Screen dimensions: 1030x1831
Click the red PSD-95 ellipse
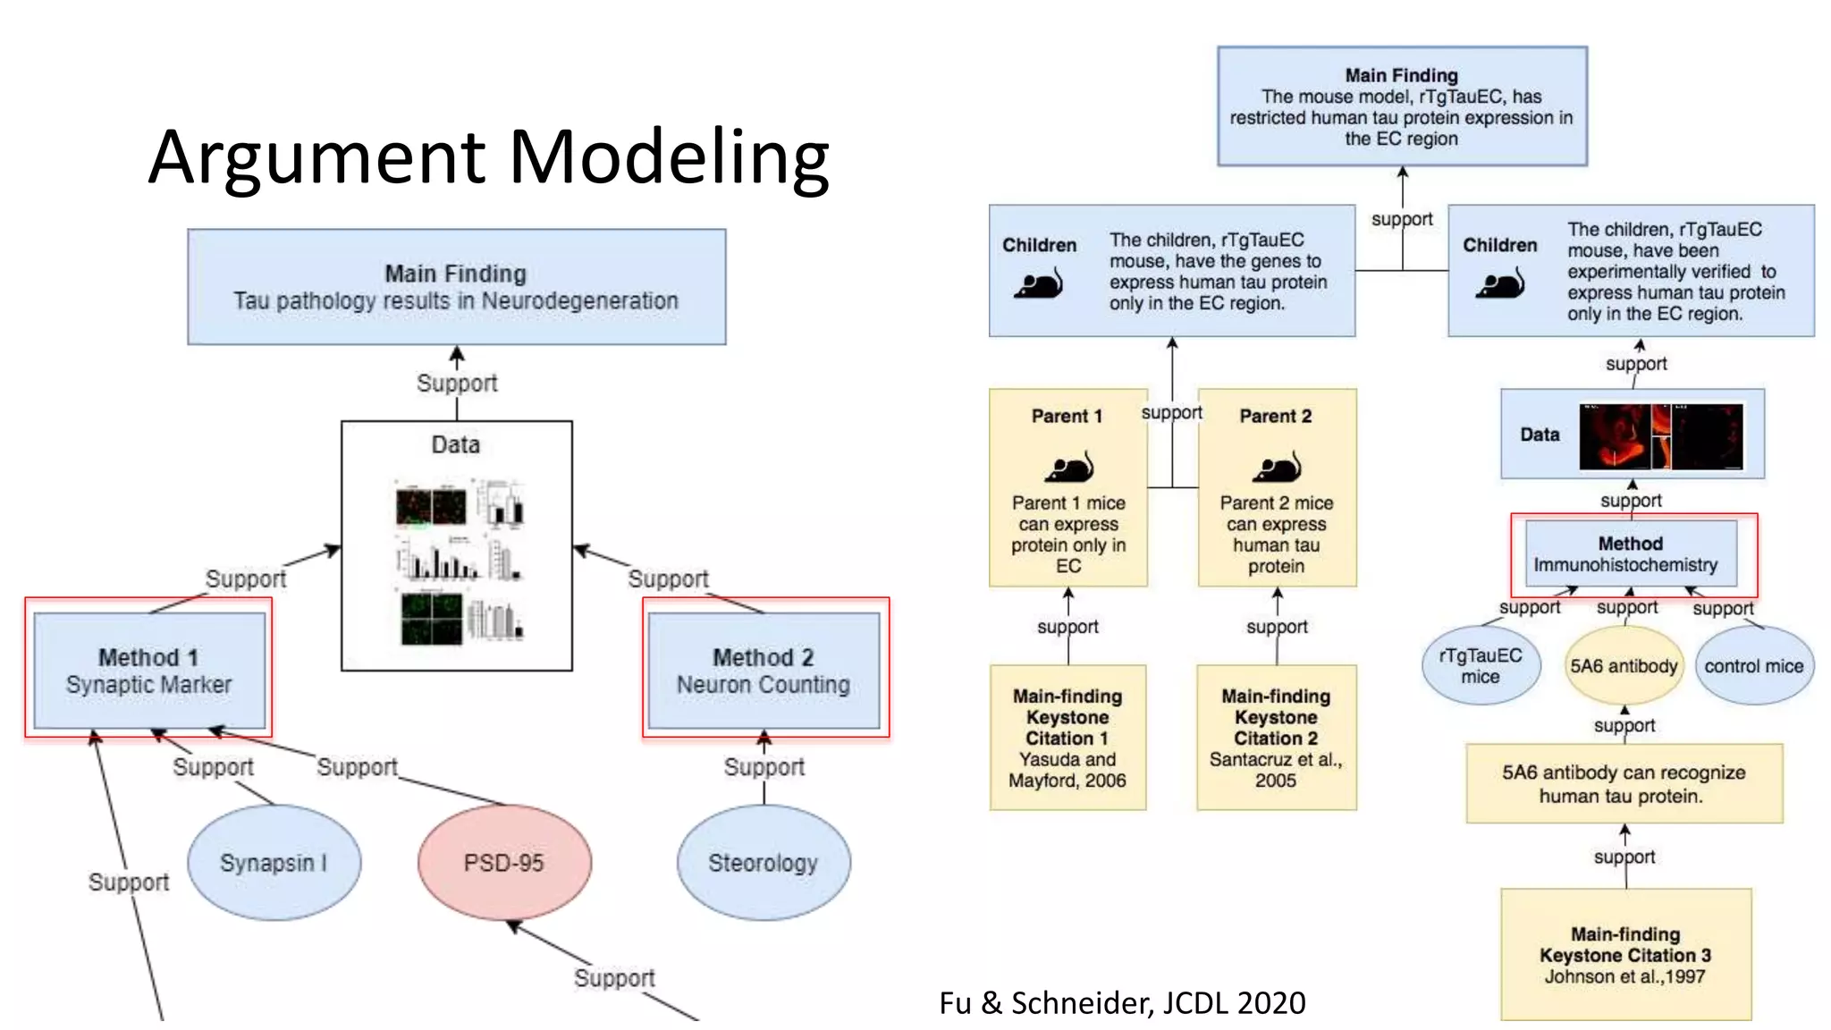(504, 862)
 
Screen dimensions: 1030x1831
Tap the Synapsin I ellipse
(274, 862)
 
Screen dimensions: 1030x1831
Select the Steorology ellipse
(763, 862)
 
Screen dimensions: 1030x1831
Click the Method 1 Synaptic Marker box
(148, 671)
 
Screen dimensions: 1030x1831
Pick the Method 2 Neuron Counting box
(764, 671)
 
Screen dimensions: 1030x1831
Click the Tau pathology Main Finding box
(456, 286)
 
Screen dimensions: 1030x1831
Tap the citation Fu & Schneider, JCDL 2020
(1122, 1002)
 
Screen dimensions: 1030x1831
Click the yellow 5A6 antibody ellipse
(1624, 666)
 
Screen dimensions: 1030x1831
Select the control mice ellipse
(1753, 666)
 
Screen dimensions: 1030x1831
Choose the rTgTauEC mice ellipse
(1481, 666)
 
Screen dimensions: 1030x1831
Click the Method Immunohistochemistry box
(1630, 553)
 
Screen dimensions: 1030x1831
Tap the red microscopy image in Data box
(1660, 436)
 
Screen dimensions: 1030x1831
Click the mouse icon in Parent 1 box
(1069, 467)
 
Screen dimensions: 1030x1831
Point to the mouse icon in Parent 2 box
(1277, 467)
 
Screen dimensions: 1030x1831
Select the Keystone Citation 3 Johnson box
(1624, 954)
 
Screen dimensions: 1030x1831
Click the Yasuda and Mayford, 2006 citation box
(1067, 738)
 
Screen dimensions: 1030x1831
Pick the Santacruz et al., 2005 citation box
(1276, 738)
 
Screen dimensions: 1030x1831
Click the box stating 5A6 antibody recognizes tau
(1624, 783)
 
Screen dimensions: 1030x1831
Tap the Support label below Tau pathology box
(457, 383)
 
